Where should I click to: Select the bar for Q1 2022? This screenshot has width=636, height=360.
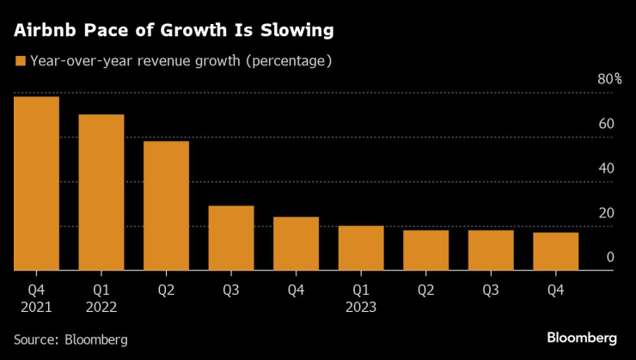[x=101, y=192]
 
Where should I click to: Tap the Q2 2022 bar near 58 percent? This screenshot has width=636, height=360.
[x=166, y=205]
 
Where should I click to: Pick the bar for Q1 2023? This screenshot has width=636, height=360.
[x=361, y=248]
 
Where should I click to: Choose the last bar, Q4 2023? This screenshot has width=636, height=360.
[x=556, y=251]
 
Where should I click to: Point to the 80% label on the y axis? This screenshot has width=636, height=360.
[x=609, y=79]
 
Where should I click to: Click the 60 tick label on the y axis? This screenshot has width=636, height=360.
[x=605, y=124]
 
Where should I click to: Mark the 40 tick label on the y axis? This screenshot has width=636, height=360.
[x=605, y=168]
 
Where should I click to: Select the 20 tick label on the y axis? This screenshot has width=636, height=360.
[x=605, y=213]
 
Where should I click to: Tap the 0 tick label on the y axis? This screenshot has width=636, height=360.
[x=609, y=257]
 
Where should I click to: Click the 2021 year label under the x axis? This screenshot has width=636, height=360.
[x=36, y=306]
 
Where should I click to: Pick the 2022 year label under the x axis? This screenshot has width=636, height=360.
[x=101, y=306]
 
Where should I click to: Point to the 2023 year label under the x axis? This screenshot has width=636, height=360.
[x=361, y=306]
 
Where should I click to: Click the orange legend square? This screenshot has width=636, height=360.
[x=19, y=61]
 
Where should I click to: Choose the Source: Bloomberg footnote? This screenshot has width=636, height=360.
[x=70, y=339]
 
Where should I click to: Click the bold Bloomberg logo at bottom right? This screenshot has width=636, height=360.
[x=582, y=335]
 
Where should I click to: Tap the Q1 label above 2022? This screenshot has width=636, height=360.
[x=101, y=290]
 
